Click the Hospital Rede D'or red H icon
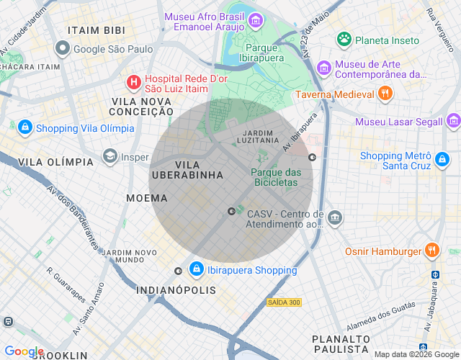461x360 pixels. coord(133,82)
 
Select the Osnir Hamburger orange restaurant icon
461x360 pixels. coord(432,251)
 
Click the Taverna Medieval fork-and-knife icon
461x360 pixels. coord(385,94)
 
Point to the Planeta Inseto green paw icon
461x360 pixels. coord(344,40)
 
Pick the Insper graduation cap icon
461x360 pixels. coord(109,156)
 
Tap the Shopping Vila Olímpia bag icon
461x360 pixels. coord(24,127)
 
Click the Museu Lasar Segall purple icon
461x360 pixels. coord(453,121)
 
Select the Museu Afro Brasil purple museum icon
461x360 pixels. coord(256,22)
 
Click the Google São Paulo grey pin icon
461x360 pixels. coord(63,49)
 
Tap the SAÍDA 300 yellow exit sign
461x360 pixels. coord(283,302)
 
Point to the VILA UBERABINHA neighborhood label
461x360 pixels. coord(187,170)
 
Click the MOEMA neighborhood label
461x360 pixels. coord(146,197)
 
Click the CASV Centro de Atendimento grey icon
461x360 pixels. coord(334,217)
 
